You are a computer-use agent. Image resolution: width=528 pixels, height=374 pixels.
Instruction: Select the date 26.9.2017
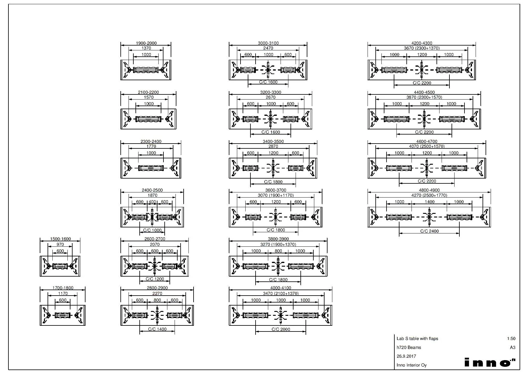point(406,356)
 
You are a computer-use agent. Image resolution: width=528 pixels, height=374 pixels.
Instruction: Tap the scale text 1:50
point(511,339)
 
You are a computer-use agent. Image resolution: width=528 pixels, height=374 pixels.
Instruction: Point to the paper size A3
point(513,347)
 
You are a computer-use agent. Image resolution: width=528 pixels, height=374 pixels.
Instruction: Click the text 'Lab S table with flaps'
point(417,339)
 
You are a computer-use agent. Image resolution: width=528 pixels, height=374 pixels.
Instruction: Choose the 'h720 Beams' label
point(409,347)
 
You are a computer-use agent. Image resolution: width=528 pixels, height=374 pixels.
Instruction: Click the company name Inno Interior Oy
point(412,365)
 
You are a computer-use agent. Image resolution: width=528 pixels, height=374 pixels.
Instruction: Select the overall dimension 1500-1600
point(61,239)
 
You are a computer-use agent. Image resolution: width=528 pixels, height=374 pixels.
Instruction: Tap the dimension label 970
point(60,245)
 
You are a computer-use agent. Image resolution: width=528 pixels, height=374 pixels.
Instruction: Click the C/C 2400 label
point(429,231)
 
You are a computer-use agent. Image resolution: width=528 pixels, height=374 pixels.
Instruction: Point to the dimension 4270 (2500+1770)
point(429,195)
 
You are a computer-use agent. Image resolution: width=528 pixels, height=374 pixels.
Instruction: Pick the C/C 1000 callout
point(152,230)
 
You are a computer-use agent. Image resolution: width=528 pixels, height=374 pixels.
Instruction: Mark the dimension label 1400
point(430,202)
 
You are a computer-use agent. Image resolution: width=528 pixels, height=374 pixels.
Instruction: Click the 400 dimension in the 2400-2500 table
point(152,202)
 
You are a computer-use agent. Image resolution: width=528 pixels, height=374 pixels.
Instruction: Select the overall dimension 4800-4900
point(429,190)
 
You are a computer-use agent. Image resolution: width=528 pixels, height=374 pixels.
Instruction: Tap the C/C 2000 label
point(281,329)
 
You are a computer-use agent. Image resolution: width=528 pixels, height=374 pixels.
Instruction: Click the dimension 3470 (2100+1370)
point(281,293)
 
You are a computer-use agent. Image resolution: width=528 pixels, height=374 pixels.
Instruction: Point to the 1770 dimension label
point(151,146)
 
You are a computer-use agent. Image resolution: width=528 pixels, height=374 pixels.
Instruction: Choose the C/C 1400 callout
point(157,329)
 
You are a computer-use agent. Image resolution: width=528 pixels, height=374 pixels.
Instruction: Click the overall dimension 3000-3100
point(268,43)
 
